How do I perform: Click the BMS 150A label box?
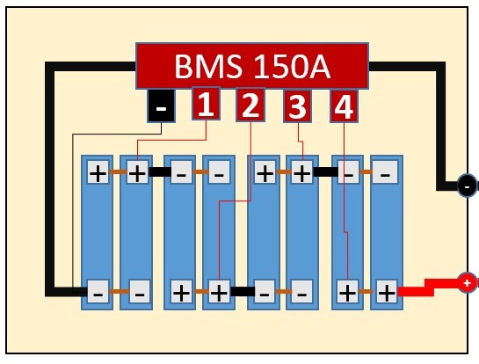(x=252, y=66)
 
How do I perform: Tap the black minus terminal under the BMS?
(x=161, y=106)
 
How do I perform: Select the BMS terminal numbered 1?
(x=206, y=104)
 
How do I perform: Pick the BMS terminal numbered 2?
(x=250, y=105)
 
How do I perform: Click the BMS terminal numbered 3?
(x=298, y=106)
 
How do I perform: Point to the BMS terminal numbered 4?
(x=344, y=106)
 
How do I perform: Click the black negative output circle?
(x=468, y=186)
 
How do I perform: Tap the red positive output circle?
(x=468, y=283)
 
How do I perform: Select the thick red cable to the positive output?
(x=428, y=288)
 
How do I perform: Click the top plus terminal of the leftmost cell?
(x=98, y=172)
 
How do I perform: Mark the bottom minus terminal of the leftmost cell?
(x=98, y=292)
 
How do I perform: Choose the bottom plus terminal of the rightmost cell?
(x=387, y=292)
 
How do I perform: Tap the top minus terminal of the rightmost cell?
(x=385, y=172)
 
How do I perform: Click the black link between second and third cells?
(x=160, y=171)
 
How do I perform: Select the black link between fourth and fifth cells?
(x=243, y=291)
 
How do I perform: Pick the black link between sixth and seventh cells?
(x=325, y=171)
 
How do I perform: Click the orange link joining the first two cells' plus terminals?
(x=118, y=171)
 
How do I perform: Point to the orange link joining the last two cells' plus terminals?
(x=366, y=291)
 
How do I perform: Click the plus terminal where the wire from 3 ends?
(x=302, y=172)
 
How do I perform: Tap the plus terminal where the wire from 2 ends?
(x=219, y=292)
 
